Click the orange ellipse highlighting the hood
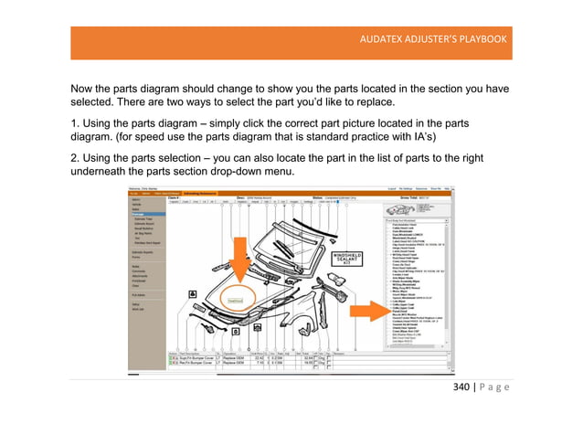[236, 299]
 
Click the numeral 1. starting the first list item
[75, 121]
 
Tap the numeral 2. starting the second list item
[75, 158]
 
